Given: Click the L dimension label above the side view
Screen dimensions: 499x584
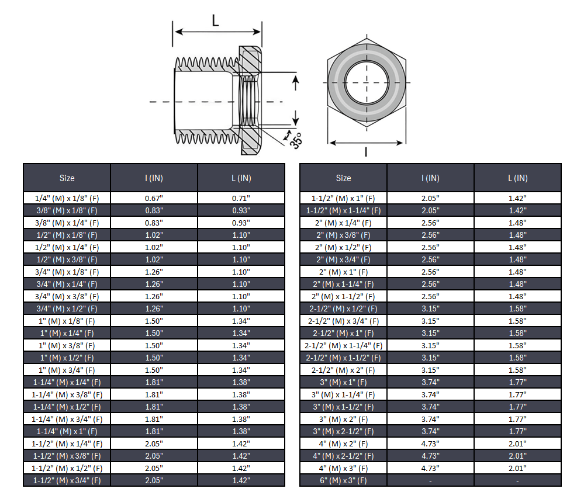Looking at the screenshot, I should click(215, 22).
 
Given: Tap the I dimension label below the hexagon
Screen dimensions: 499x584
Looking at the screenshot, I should click(365, 153).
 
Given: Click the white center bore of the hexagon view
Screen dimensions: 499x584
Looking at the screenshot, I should click(366, 81).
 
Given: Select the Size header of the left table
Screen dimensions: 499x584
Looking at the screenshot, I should click(67, 178).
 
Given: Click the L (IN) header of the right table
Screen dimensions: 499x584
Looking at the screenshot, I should click(517, 178).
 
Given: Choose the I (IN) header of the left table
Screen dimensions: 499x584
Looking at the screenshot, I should click(154, 178).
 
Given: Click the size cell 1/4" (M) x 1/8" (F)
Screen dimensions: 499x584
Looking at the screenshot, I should click(67, 198).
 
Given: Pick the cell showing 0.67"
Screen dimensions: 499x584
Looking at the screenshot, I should click(154, 198).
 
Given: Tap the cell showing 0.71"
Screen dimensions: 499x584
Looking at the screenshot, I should click(241, 198).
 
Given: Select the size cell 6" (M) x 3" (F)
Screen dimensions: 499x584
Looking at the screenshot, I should click(343, 481).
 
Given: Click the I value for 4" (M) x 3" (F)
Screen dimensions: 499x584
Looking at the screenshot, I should click(430, 469).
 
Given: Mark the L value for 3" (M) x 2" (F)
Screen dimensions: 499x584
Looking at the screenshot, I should click(517, 420).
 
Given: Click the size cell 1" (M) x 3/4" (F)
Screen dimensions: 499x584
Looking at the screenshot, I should click(67, 370).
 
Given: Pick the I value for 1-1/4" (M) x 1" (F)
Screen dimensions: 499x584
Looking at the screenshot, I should click(154, 432).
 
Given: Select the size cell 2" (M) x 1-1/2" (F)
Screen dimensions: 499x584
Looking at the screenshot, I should click(343, 296).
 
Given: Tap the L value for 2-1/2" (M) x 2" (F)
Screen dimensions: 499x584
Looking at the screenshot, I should click(517, 370).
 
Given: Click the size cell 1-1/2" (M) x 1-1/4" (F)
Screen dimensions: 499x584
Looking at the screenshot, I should click(343, 210).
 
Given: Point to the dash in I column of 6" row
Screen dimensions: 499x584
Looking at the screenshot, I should click(430, 481).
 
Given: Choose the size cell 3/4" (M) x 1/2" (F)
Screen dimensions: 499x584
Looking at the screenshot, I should click(67, 309).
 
